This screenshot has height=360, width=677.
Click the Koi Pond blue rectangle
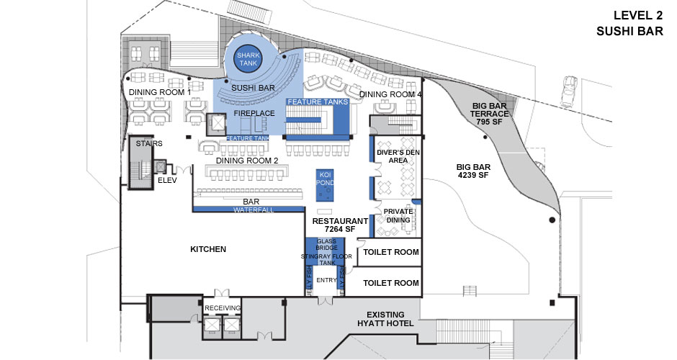coord(324,185)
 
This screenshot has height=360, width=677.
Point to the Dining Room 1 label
coord(159,93)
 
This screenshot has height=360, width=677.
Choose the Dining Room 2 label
coord(247,161)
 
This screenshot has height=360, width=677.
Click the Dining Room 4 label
coord(390,94)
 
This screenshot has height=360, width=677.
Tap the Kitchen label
coord(208,249)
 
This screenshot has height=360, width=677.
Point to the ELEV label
coord(167,181)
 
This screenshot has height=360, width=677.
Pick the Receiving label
coord(222,307)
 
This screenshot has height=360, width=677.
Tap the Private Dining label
coord(397,215)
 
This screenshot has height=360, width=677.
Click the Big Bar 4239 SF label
coord(473,170)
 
